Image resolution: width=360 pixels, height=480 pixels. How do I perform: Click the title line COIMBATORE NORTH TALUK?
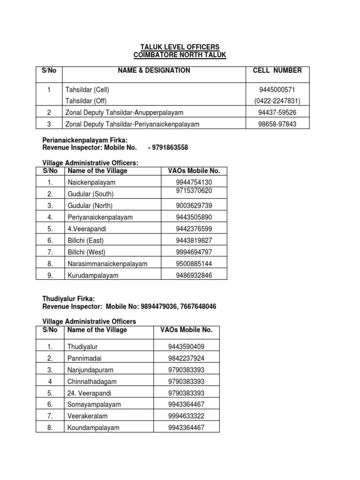(180, 55)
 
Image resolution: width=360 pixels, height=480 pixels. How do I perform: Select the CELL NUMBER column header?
(277, 70)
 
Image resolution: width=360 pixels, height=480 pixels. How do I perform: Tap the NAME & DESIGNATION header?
(154, 70)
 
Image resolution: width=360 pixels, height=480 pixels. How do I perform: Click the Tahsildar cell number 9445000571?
(277, 89)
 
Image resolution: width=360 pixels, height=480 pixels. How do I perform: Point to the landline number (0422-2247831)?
(277, 100)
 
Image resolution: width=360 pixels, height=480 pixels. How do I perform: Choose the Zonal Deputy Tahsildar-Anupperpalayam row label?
(124, 112)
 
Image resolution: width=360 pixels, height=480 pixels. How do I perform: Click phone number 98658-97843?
(277, 124)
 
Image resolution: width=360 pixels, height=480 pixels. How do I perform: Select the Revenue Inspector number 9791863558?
(169, 148)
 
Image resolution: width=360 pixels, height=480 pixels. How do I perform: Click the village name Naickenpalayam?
(91, 182)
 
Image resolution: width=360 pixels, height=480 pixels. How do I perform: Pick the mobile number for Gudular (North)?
(194, 205)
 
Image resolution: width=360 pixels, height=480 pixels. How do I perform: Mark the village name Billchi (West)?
(86, 252)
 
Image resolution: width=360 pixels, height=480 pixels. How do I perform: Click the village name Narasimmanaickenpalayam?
(107, 263)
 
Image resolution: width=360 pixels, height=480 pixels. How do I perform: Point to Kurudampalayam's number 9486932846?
(194, 275)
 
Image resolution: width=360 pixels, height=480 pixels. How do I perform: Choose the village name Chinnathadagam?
(92, 382)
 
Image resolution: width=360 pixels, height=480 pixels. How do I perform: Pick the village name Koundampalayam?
(93, 427)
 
